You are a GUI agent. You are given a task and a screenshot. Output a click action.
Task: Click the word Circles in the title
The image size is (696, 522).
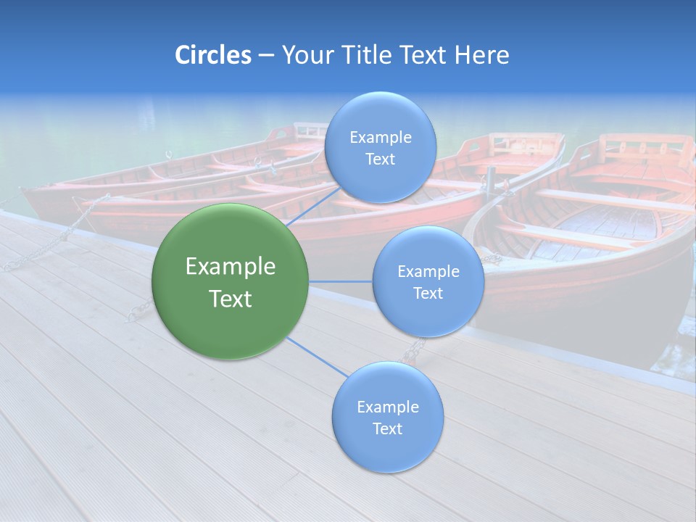click(212, 55)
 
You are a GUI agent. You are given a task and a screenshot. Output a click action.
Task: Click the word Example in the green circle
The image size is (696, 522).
click(231, 267)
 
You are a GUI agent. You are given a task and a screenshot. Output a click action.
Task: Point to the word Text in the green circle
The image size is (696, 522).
click(231, 299)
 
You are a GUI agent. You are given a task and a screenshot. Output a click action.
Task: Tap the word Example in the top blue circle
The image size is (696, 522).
click(380, 138)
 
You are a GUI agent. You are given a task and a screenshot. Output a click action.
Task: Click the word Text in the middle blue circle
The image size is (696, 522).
click(428, 294)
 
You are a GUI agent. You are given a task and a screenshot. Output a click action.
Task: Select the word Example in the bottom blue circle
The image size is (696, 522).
click(387, 407)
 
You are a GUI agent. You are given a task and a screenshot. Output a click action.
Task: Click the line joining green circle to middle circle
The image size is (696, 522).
click(341, 281)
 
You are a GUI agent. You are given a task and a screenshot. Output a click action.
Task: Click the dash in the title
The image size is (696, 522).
click(265, 55)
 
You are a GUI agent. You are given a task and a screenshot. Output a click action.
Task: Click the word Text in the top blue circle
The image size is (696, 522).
click(380, 159)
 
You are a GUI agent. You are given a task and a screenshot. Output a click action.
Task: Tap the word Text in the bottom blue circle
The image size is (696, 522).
click(387, 429)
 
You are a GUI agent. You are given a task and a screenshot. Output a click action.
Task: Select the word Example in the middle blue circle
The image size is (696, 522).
click(428, 272)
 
